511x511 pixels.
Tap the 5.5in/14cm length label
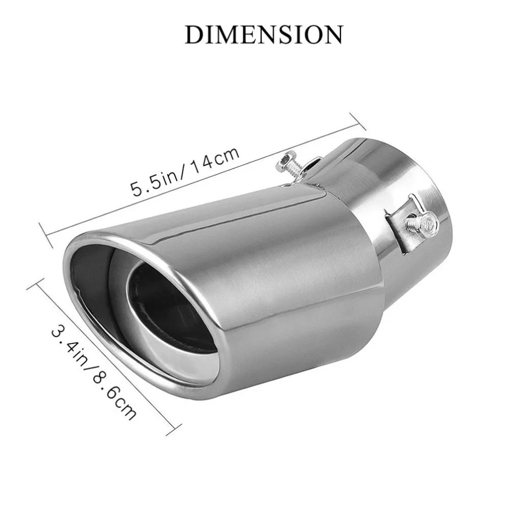[185, 172]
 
